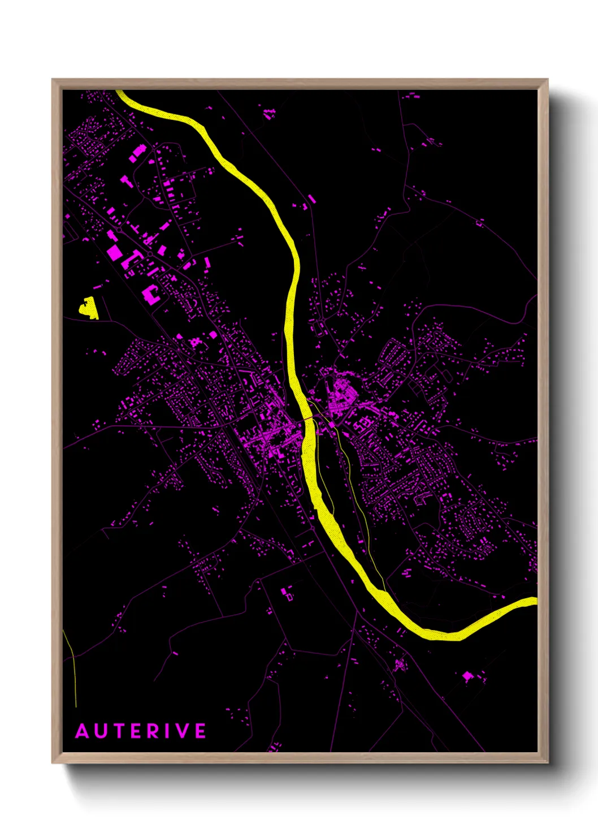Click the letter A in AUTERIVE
[83, 731]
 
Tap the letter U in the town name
[101, 731]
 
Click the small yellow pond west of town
[88, 308]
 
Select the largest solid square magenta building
[115, 252]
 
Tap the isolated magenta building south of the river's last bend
[467, 675]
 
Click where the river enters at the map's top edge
[120, 92]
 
